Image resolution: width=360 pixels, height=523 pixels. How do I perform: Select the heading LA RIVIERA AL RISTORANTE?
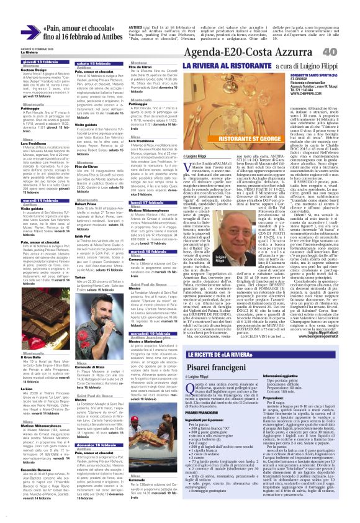click(220, 65)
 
